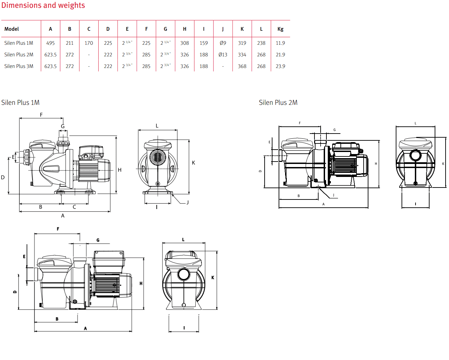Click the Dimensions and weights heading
(43, 5)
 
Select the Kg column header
(280, 29)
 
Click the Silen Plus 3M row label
(19, 66)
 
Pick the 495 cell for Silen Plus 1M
(51, 43)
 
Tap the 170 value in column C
(89, 43)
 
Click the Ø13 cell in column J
(223, 55)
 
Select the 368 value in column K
(242, 66)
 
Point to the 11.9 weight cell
(280, 43)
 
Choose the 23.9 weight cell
(280, 66)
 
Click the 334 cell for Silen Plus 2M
(242, 55)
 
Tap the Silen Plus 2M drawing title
(278, 102)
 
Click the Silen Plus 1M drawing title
(20, 102)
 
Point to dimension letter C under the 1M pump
(74, 207)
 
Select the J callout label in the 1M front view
(187, 203)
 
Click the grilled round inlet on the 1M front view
(157, 157)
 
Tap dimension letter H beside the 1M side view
(120, 170)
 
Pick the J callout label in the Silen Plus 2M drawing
(334, 195)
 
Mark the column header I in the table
(204, 29)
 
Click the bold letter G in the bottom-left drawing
(98, 240)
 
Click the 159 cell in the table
(204, 43)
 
